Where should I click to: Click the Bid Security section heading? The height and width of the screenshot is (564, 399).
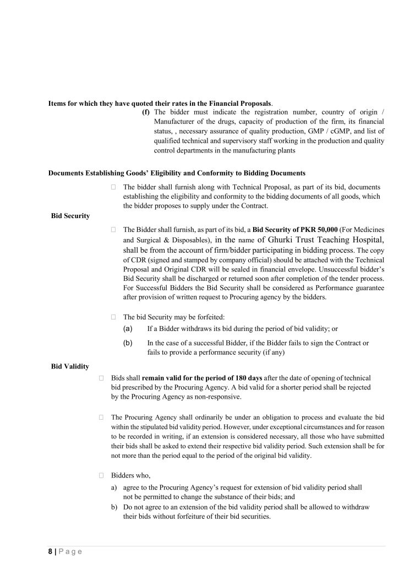[70, 216]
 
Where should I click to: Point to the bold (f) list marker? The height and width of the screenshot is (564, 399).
[146, 112]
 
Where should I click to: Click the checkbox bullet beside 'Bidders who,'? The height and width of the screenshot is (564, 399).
[102, 474]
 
